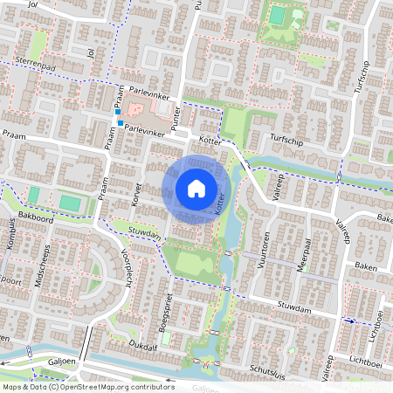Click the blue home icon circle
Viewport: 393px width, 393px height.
pos(196,189)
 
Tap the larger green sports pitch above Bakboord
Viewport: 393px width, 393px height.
pos(70,203)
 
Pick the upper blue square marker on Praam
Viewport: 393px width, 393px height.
pos(117,113)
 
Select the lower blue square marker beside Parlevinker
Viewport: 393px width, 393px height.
pos(121,123)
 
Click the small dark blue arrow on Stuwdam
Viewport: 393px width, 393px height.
pos(352,321)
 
